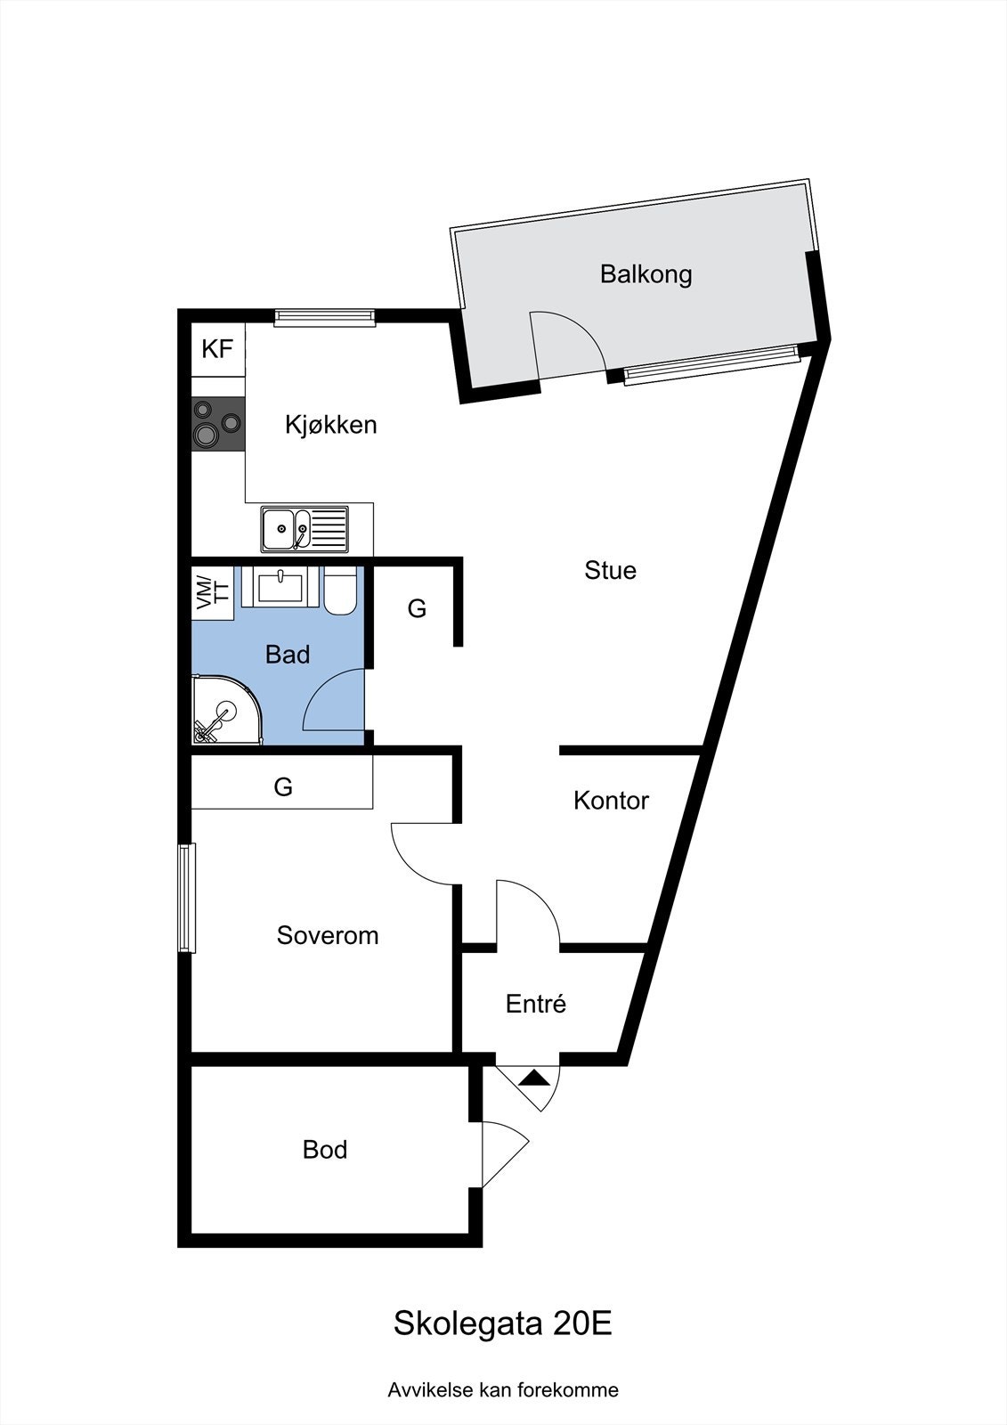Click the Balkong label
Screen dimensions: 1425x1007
tap(646, 273)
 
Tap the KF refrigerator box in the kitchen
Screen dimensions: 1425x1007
tap(217, 348)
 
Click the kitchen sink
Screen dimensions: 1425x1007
tap(305, 529)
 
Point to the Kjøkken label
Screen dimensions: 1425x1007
tap(330, 425)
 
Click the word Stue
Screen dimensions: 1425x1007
tap(610, 570)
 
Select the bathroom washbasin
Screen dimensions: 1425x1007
tap(280, 589)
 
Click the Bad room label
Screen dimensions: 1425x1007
tap(288, 655)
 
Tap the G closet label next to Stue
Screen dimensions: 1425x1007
tap(417, 608)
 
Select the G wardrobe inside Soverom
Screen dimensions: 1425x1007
tap(282, 786)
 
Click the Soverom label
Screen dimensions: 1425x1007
tap(328, 935)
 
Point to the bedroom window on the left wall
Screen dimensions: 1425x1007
tap(185, 898)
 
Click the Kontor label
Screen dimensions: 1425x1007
tap(611, 801)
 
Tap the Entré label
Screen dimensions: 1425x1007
tap(536, 1004)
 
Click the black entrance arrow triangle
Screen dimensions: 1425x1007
tap(535, 1078)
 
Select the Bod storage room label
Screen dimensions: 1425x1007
tap(325, 1150)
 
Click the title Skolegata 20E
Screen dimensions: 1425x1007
tap(503, 1323)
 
